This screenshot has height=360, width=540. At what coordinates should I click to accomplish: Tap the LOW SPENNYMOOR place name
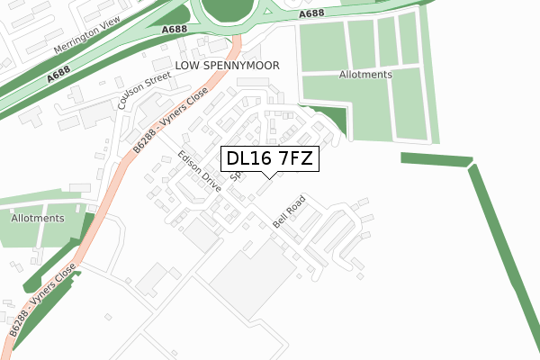[x=228, y=67]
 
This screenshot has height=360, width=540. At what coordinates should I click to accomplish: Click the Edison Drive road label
[x=200, y=171]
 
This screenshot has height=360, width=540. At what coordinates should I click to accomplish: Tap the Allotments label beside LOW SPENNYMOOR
[x=364, y=75]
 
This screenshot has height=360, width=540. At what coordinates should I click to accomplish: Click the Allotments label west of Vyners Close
[x=38, y=219]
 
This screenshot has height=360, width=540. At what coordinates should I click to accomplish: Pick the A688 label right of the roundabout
[x=310, y=13]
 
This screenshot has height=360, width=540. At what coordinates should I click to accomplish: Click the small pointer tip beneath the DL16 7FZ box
[x=269, y=175]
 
